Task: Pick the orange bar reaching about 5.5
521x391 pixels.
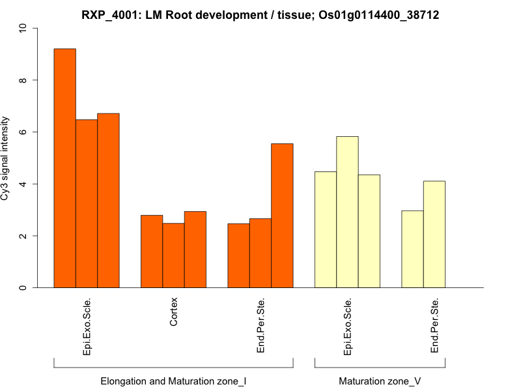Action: (x=282, y=216)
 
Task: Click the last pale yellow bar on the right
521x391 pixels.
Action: (x=434, y=235)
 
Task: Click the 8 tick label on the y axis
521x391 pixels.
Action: (x=24, y=80)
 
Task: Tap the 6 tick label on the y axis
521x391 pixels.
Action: (x=24, y=132)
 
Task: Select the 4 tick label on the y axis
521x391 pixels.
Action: (x=24, y=184)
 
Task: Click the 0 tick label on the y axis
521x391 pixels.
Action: (x=24, y=287)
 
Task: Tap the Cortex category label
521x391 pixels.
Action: (x=173, y=312)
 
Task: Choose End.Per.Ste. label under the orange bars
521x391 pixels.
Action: (x=260, y=326)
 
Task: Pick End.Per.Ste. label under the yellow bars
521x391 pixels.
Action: (x=434, y=326)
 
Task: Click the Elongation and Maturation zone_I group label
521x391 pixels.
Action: (x=173, y=381)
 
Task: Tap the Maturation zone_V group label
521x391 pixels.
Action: (x=380, y=381)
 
